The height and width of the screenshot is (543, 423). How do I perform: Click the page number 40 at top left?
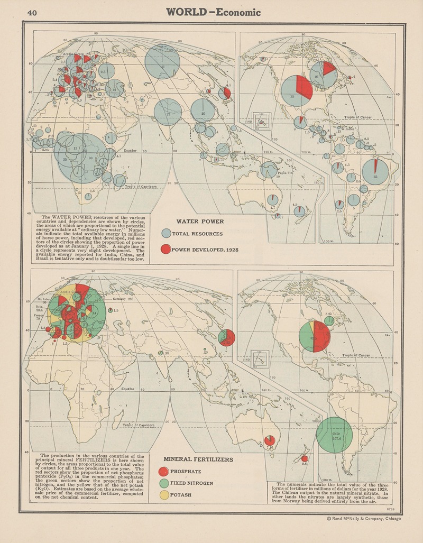32,13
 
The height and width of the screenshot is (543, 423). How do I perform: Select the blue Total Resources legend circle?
166,233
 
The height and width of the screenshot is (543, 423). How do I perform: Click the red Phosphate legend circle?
163,472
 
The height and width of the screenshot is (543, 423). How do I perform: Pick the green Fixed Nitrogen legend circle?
163,483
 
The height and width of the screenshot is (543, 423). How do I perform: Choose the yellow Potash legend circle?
163,495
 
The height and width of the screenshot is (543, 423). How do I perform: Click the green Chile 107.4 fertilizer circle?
334,435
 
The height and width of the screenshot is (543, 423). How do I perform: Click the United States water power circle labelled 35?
296,91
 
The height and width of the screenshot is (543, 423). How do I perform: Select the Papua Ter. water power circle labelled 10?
269,170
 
